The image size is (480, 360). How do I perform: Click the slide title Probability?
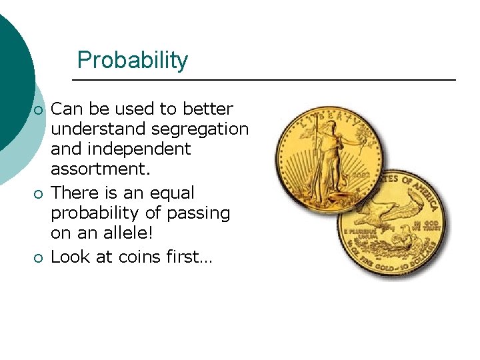pos(133,60)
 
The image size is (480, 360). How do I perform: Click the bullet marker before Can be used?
pos(39,109)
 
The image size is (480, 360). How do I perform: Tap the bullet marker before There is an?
pos(39,194)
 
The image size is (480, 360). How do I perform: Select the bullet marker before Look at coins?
pos(39,257)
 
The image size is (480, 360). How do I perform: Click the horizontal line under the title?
pos(263,80)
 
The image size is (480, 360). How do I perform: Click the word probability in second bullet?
pos(95,214)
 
